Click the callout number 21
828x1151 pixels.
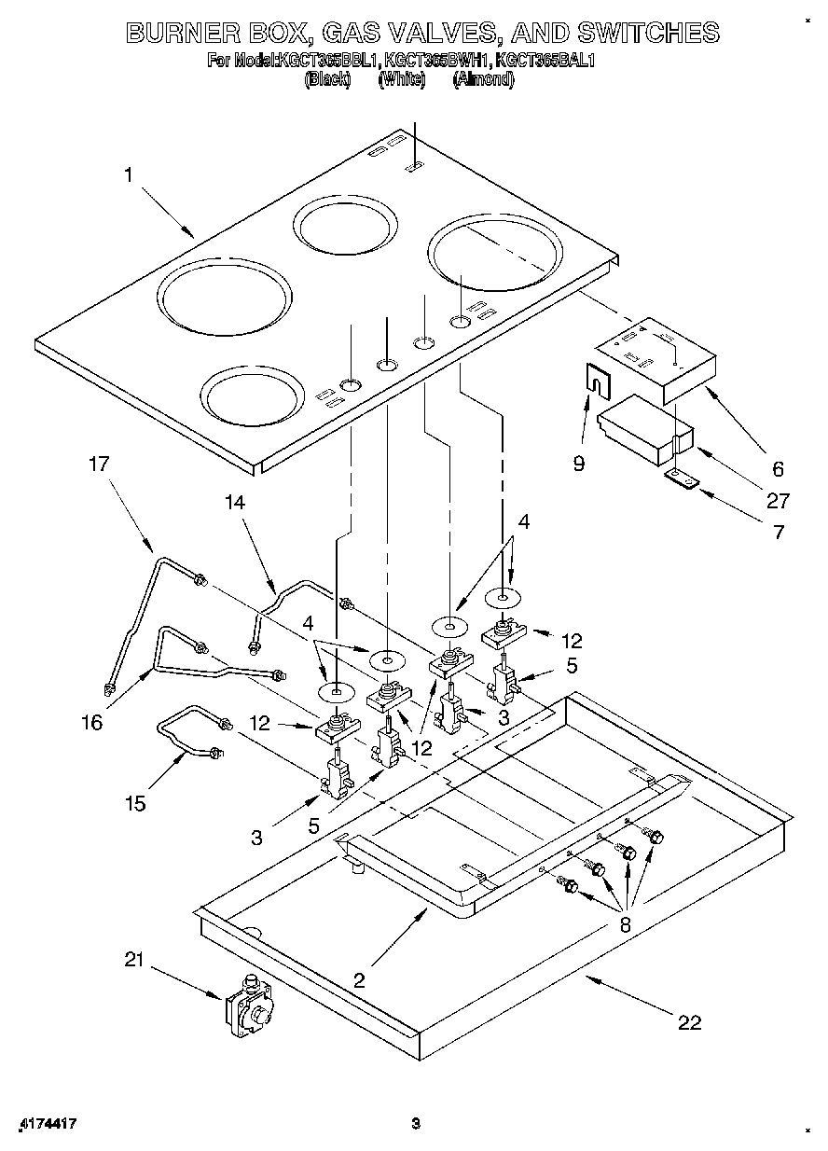(135, 960)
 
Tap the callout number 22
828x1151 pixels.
(688, 1023)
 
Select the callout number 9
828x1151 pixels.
(579, 463)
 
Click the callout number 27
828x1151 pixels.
(778, 501)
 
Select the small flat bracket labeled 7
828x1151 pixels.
(681, 478)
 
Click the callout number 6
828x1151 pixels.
(778, 469)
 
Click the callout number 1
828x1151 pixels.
(129, 173)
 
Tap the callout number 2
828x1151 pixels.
(360, 979)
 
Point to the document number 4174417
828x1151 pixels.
(47, 1124)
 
